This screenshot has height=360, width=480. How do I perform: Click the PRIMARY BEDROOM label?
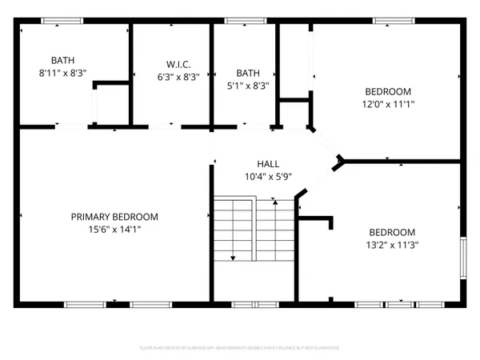click(114, 217)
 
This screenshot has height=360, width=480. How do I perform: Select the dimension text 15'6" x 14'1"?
click(114, 229)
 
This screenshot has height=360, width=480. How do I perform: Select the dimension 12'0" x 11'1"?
click(388, 102)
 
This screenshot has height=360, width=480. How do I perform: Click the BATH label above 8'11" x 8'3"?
click(62, 60)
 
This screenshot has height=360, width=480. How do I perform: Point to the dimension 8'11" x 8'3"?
click(62, 72)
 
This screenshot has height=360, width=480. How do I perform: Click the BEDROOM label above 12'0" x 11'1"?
click(388, 90)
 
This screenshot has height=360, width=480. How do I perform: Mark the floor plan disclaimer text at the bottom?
click(240, 348)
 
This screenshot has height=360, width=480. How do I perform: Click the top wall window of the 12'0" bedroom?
click(388, 20)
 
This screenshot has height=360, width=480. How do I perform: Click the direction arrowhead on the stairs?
click(233, 258)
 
